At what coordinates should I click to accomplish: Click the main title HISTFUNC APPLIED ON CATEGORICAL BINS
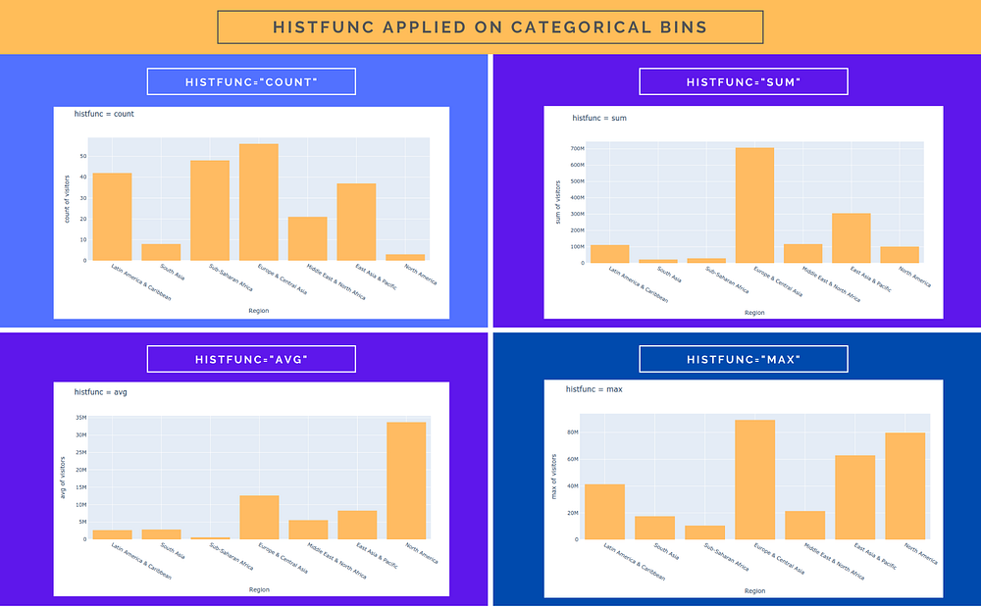pos(490,26)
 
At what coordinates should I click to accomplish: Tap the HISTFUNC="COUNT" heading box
pos(251,81)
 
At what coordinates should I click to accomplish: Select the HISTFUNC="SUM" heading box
pos(743,81)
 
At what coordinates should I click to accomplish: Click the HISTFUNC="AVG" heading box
pos(251,359)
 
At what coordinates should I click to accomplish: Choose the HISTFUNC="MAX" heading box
pos(743,359)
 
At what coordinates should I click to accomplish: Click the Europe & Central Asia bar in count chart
pos(259,203)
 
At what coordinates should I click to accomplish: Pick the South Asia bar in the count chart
pos(161,252)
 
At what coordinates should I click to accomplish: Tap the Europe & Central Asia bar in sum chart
pos(754,206)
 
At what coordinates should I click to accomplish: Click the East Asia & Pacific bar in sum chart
pos(852,238)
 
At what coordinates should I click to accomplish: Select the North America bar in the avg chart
pos(406,481)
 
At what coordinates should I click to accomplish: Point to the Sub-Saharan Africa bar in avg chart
pos(210,537)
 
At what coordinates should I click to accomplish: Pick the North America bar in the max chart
pos(904,486)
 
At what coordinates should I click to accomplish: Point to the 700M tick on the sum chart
pos(577,149)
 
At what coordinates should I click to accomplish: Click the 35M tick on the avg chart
pos(81,418)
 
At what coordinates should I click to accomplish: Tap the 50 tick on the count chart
pos(84,156)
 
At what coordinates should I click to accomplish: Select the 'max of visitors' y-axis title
pos(554,476)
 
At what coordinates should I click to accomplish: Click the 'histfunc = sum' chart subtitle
pos(599,119)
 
